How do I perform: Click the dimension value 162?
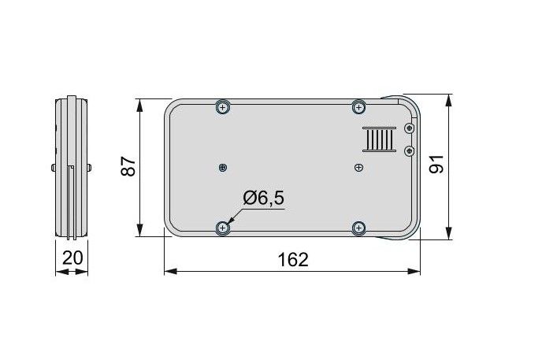click(x=292, y=259)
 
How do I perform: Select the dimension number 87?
click(x=129, y=167)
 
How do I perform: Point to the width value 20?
click(x=72, y=258)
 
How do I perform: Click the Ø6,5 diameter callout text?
click(x=263, y=199)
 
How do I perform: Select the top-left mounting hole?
click(x=223, y=107)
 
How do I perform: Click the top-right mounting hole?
click(x=358, y=106)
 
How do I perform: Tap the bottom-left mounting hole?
click(x=223, y=228)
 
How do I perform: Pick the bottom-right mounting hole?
click(x=358, y=228)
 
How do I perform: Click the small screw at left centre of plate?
click(x=224, y=167)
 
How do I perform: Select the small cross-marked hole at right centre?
click(x=358, y=167)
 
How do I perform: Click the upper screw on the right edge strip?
click(x=408, y=128)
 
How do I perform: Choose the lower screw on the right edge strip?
click(x=408, y=150)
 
